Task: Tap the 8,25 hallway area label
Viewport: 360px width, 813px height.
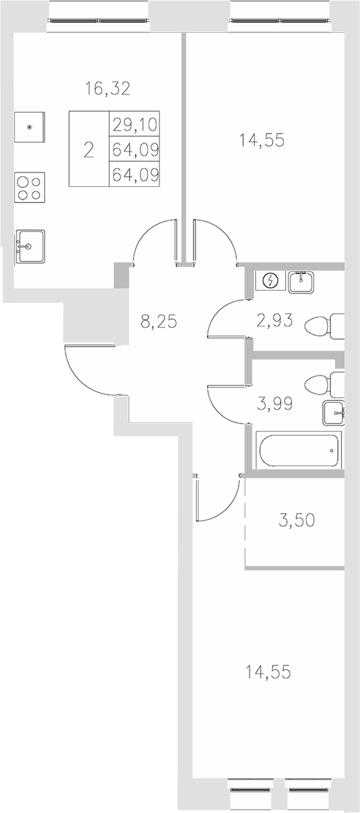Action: click(x=159, y=322)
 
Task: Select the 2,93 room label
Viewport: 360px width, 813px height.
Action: click(x=274, y=321)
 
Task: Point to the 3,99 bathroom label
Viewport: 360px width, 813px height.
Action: click(x=274, y=403)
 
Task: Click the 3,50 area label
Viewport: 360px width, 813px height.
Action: click(x=297, y=520)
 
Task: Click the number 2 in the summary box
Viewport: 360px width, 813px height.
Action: click(x=89, y=150)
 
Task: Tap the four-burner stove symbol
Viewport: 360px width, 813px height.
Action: click(x=30, y=188)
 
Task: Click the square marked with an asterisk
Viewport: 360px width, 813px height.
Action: click(x=30, y=127)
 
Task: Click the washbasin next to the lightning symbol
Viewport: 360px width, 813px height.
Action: click(x=301, y=281)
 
